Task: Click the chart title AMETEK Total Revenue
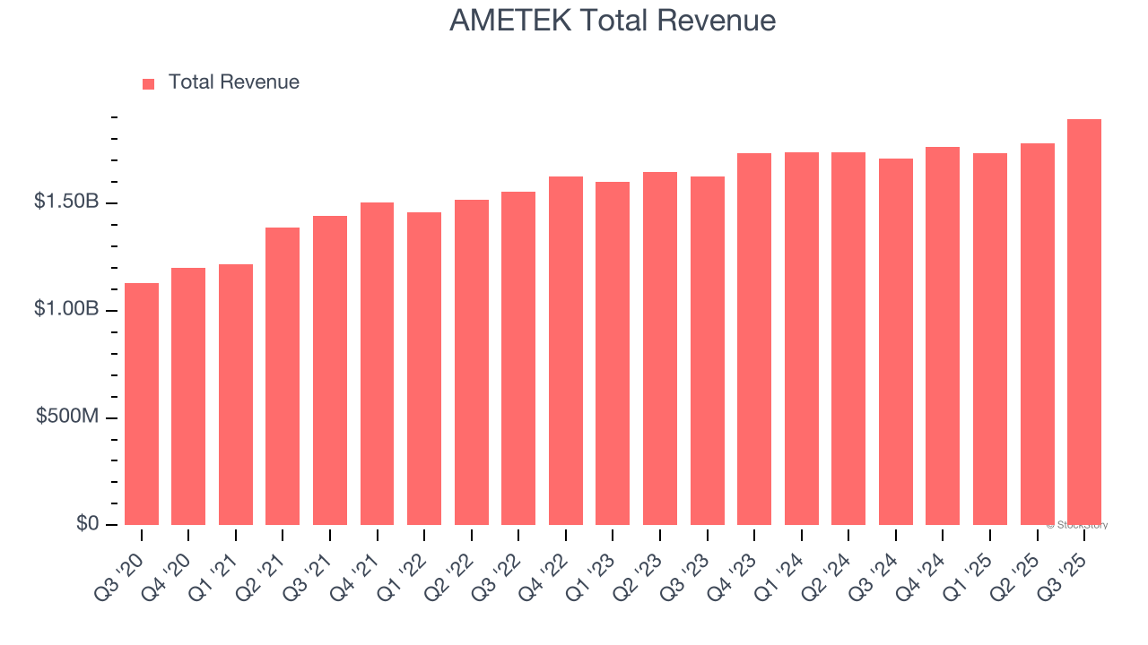(613, 21)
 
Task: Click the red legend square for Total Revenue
(149, 83)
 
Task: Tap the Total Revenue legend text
(233, 82)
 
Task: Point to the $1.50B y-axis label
(66, 202)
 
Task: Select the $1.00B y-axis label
(66, 309)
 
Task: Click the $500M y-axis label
(66, 417)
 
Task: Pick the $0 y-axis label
(87, 524)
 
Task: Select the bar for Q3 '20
(142, 403)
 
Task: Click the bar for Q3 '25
(1084, 322)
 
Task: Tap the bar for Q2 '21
(283, 376)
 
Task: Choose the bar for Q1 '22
(424, 367)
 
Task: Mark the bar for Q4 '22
(566, 349)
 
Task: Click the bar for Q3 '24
(896, 341)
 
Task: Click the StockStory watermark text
(1077, 525)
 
